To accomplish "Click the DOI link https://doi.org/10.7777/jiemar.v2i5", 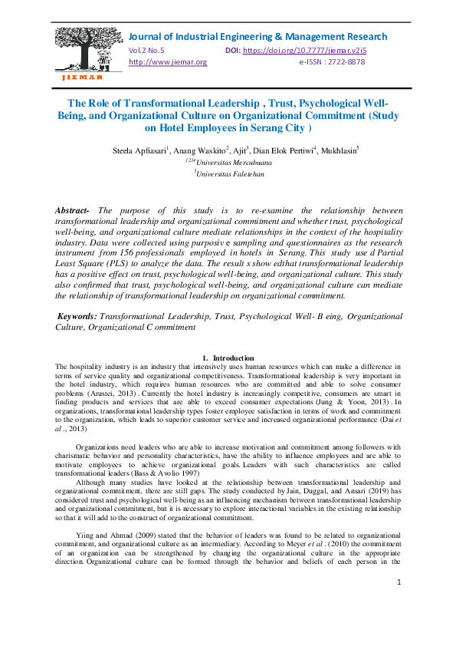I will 292,51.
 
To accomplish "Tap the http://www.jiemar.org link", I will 168,62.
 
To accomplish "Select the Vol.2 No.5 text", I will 147,51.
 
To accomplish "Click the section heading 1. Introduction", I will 228,358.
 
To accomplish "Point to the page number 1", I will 399,605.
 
